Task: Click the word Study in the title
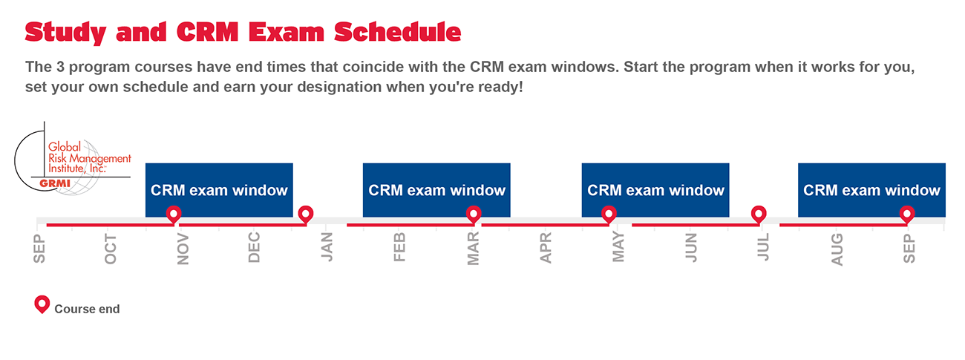(65, 33)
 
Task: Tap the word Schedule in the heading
(397, 32)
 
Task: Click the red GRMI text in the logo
(55, 183)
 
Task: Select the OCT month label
(111, 249)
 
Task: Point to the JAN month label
(327, 246)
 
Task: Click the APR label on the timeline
(546, 248)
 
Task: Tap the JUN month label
(691, 248)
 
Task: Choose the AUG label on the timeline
(837, 249)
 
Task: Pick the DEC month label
(254, 247)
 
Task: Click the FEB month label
(399, 247)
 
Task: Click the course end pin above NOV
(174, 215)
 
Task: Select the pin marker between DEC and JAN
(306, 215)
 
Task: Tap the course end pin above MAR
(474, 215)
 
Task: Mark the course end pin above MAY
(609, 215)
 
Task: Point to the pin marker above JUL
(759, 215)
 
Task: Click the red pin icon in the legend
(42, 304)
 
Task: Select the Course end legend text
(87, 310)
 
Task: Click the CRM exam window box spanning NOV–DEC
(219, 190)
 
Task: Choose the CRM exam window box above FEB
(436, 190)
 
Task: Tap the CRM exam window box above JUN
(655, 190)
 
